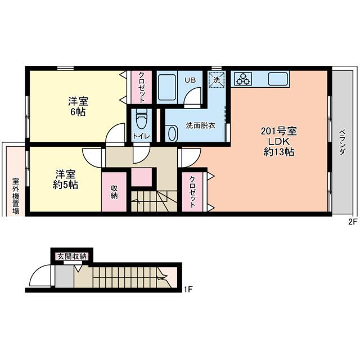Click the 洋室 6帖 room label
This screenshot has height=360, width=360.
78,106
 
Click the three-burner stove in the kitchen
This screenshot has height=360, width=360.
244,79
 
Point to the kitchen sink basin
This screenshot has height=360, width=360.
278,79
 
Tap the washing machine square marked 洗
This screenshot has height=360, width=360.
217,79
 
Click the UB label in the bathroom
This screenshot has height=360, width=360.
191,80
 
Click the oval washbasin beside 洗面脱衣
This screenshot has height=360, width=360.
171,134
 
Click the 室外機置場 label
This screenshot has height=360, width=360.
16,197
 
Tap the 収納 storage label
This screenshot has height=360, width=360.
114,191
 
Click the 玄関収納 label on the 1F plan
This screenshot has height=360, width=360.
71,256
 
